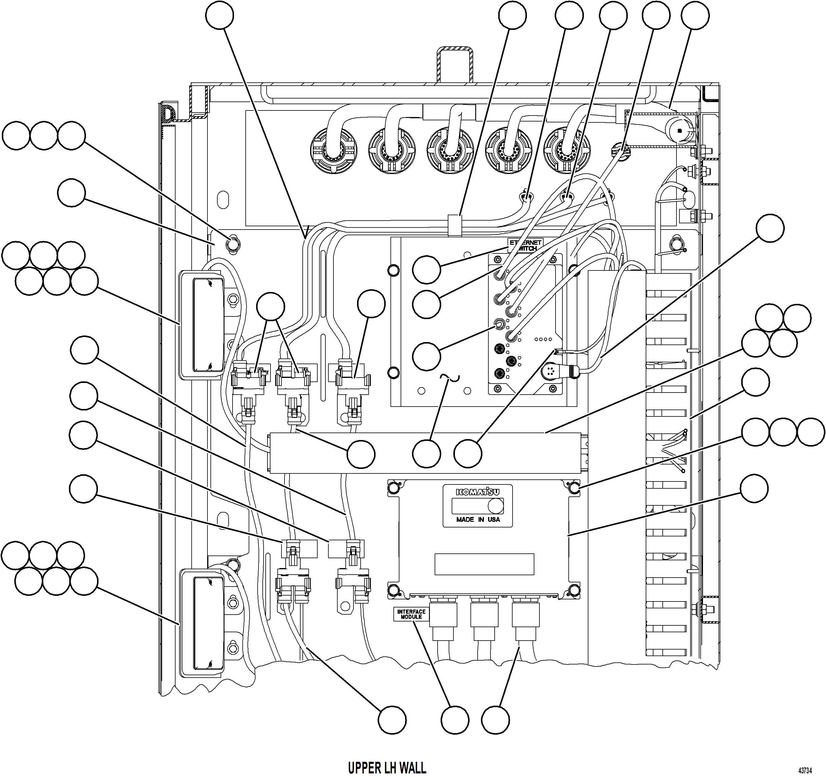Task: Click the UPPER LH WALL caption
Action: coord(387,767)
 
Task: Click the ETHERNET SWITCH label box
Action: coord(525,245)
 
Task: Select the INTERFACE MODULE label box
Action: coord(411,614)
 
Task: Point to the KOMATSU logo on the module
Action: coord(477,492)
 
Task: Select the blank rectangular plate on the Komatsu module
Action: coord(484,564)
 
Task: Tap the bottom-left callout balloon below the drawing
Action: coord(392,720)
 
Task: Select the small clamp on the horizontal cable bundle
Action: coord(455,225)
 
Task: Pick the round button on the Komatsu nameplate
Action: coord(495,506)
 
